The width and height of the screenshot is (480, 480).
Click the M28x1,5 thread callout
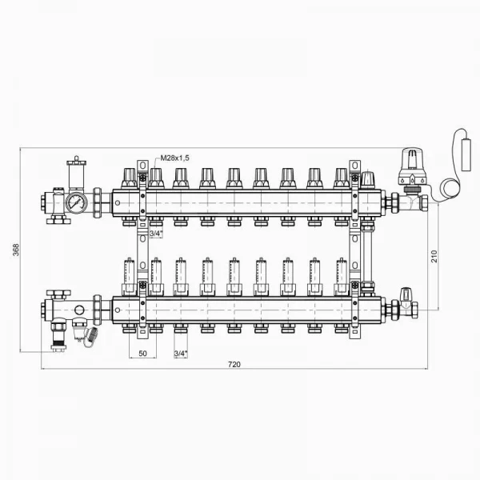click(174, 158)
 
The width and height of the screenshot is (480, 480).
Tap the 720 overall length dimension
click(234, 364)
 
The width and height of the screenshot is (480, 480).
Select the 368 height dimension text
click(16, 250)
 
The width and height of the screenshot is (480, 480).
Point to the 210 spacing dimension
click(434, 256)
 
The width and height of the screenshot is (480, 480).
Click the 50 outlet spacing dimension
click(142, 354)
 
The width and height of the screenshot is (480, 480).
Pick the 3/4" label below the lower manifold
click(180, 354)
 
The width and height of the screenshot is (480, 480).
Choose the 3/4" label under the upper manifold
click(156, 234)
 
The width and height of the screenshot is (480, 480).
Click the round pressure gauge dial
click(76, 202)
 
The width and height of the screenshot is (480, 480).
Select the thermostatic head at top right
click(412, 167)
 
